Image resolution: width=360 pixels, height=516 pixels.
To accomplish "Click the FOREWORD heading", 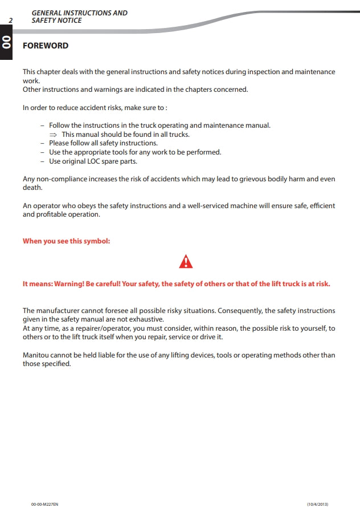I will [x=45, y=46].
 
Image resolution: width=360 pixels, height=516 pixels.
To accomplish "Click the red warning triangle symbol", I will [x=186, y=262].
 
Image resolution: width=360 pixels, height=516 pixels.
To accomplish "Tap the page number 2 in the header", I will [x=10, y=21].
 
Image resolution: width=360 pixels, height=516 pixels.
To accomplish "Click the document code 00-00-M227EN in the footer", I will [x=44, y=504].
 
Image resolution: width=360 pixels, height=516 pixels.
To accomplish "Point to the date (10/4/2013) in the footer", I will [x=317, y=504].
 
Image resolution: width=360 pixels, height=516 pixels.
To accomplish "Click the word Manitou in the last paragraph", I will [x=36, y=355].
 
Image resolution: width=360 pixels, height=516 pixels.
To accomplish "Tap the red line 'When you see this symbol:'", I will [x=66, y=241].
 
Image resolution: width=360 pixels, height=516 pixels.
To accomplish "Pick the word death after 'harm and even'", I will [x=32, y=188].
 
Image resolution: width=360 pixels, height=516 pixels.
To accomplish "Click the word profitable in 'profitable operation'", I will [x=51, y=214].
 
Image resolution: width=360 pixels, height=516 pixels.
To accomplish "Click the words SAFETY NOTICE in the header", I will [x=56, y=21].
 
